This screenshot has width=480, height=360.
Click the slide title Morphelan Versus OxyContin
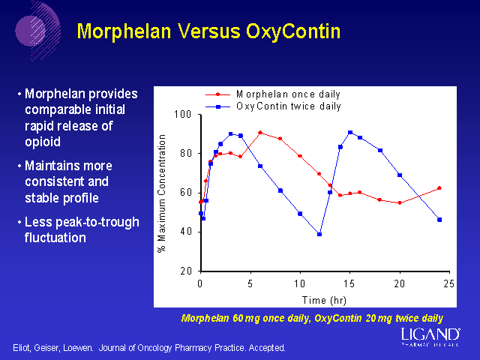pyautogui.click(x=209, y=31)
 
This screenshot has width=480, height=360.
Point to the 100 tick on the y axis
pyautogui.click(x=182, y=115)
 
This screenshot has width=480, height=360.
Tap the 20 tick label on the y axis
pyautogui.click(x=184, y=271)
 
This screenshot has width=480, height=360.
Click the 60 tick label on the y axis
pyautogui.click(x=184, y=193)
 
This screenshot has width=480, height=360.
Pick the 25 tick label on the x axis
pyautogui.click(x=449, y=283)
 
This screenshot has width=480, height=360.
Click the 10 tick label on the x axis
pyautogui.click(x=300, y=283)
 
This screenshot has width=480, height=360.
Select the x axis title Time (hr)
pyautogui.click(x=324, y=299)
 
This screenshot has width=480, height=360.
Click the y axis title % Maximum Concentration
pyautogui.click(x=162, y=193)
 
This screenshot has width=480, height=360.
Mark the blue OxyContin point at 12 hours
pyautogui.click(x=319, y=234)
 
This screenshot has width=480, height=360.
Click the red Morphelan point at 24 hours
pyautogui.click(x=439, y=188)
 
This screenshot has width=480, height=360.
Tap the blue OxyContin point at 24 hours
pyautogui.click(x=439, y=220)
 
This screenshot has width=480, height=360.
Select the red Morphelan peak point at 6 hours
pyautogui.click(x=260, y=133)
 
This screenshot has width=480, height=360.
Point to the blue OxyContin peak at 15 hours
pyautogui.click(x=349, y=133)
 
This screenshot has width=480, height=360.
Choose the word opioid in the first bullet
pyautogui.click(x=42, y=142)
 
